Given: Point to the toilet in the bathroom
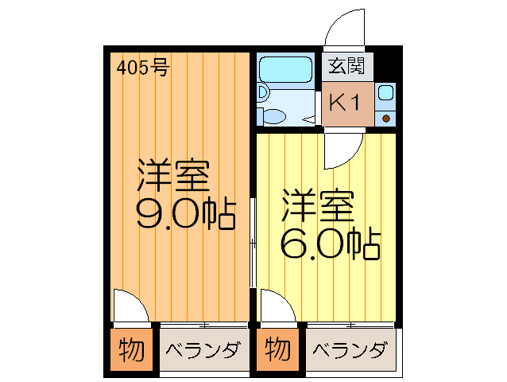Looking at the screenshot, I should click(274, 116).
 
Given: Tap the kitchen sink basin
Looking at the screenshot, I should click(385, 93).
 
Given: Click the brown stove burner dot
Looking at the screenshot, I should click(386, 119).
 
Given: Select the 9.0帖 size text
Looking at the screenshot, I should click(186, 214).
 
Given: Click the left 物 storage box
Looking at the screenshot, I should click(130, 349).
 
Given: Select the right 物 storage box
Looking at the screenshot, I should click(277, 349).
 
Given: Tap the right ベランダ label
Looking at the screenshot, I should click(349, 350).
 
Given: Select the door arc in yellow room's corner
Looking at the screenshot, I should click(275, 306).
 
